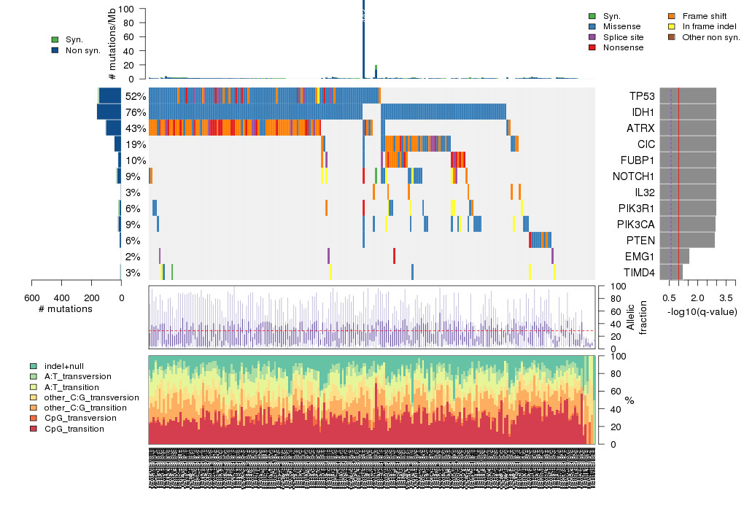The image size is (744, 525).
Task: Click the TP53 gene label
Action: [642, 96]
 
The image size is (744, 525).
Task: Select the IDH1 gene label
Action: [641, 112]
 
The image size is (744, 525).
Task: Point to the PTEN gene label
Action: [640, 241]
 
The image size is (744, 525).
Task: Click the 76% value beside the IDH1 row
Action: [135, 112]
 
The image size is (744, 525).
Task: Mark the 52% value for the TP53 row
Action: [135, 96]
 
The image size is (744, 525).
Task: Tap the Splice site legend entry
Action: [623, 36]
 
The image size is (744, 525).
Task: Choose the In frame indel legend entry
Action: [705, 26]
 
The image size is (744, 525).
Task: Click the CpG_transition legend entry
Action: [74, 429]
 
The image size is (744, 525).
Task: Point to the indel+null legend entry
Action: [64, 365]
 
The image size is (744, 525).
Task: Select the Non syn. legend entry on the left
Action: [82, 51]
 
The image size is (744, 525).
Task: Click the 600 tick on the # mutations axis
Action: [31, 297]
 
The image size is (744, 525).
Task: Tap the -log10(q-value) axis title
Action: [702, 312]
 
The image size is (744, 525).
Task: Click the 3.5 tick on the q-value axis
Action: [726, 298]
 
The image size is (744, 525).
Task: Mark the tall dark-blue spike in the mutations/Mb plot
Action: [363, 40]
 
